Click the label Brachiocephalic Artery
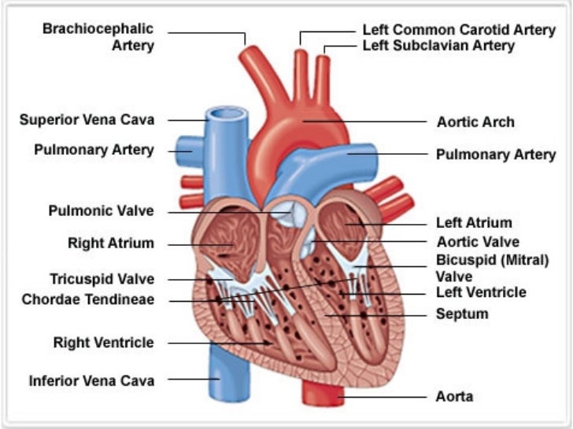(98, 37)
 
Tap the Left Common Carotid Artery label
(459, 30)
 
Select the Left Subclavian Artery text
(438, 46)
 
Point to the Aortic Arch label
(475, 122)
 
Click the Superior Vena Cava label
(87, 120)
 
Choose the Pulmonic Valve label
(102, 211)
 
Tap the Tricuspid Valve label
(102, 279)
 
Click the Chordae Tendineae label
(88, 299)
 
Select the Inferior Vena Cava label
(92, 381)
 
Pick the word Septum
(462, 314)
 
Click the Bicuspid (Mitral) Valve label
(492, 268)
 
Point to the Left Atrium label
(474, 223)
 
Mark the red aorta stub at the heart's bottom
(323, 394)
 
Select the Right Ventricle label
(104, 343)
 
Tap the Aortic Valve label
(479, 242)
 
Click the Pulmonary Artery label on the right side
(496, 154)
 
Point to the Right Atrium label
(111, 244)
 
